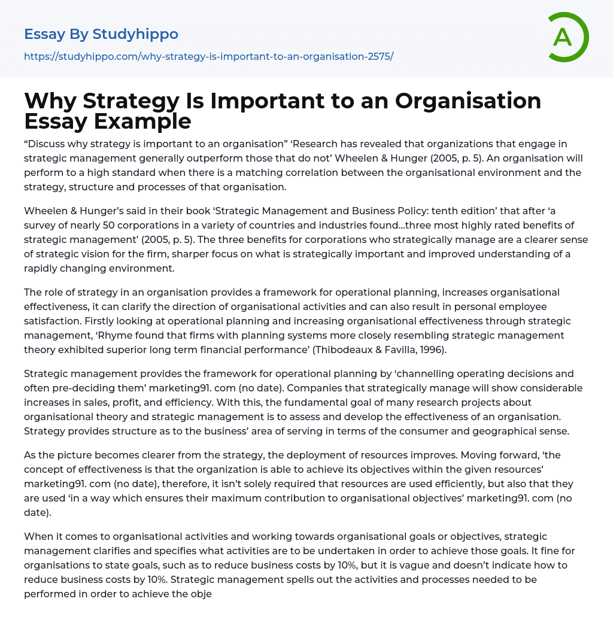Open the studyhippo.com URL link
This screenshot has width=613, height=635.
click(x=208, y=57)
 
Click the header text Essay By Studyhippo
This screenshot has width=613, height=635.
click(x=101, y=34)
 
